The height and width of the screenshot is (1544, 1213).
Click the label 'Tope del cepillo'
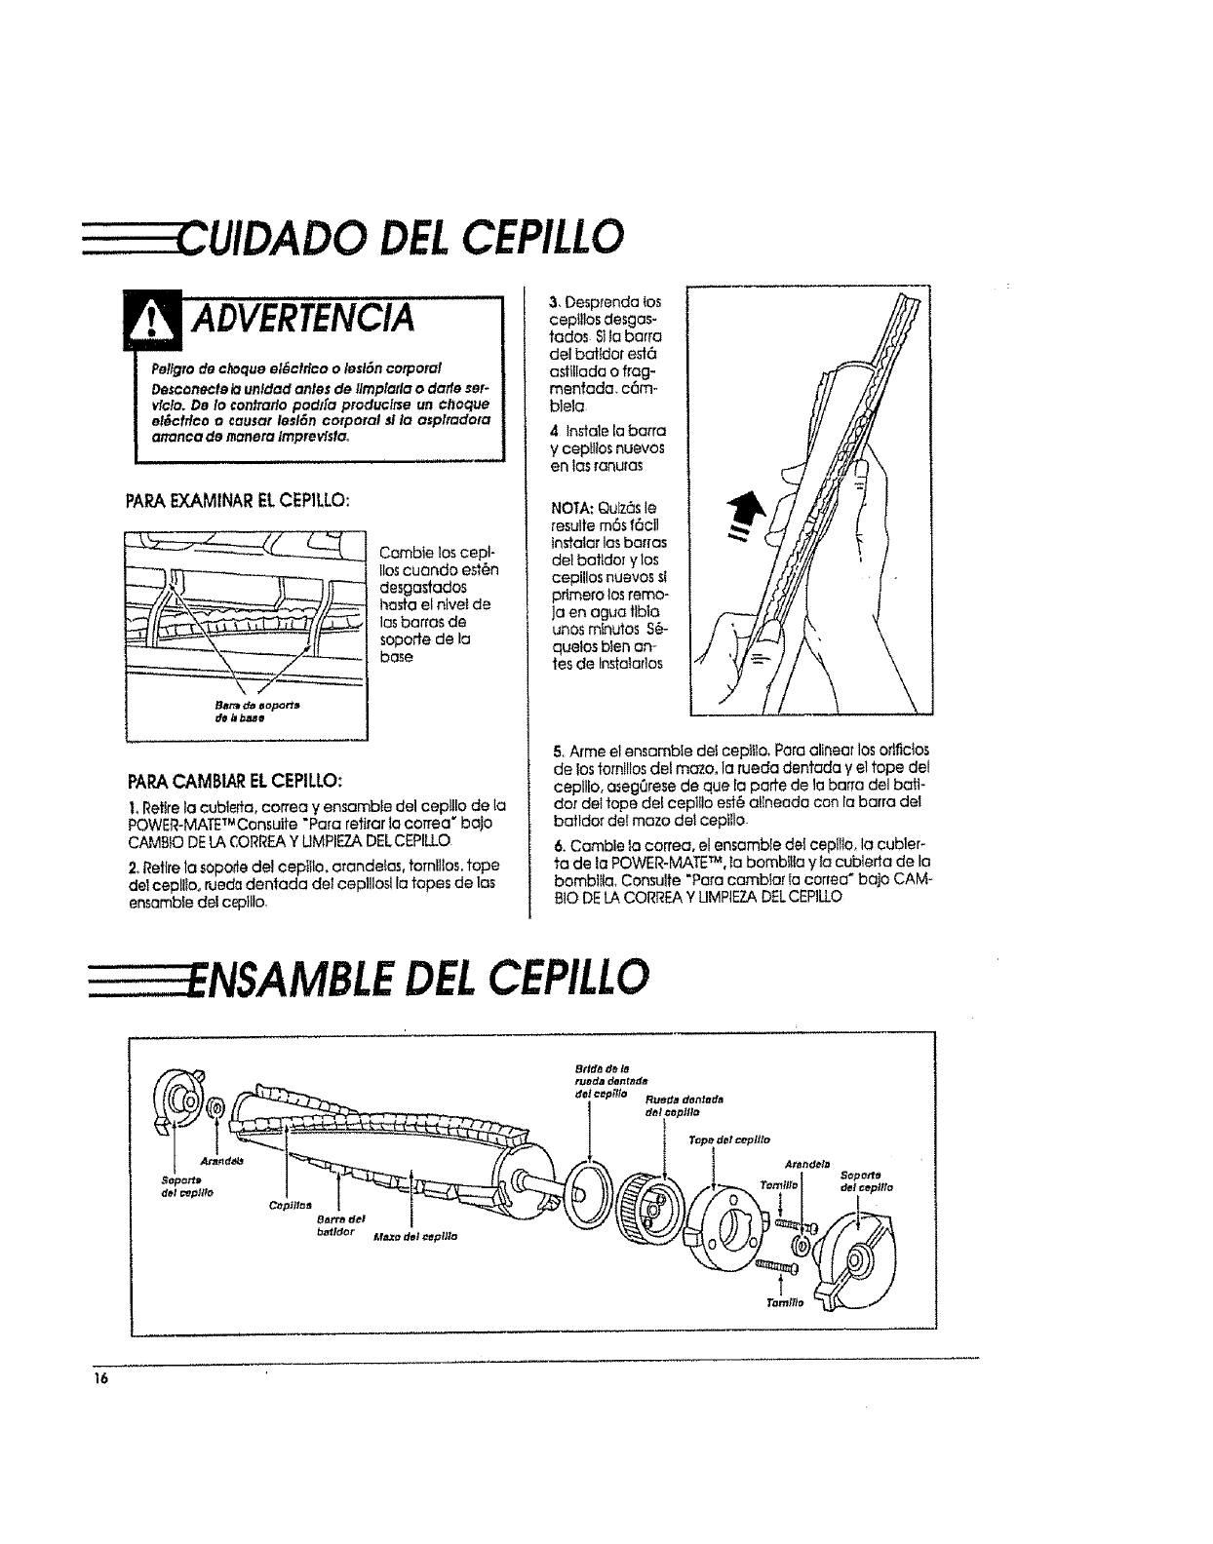(x=729, y=1139)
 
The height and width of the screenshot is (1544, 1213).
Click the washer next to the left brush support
(x=215, y=1108)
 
